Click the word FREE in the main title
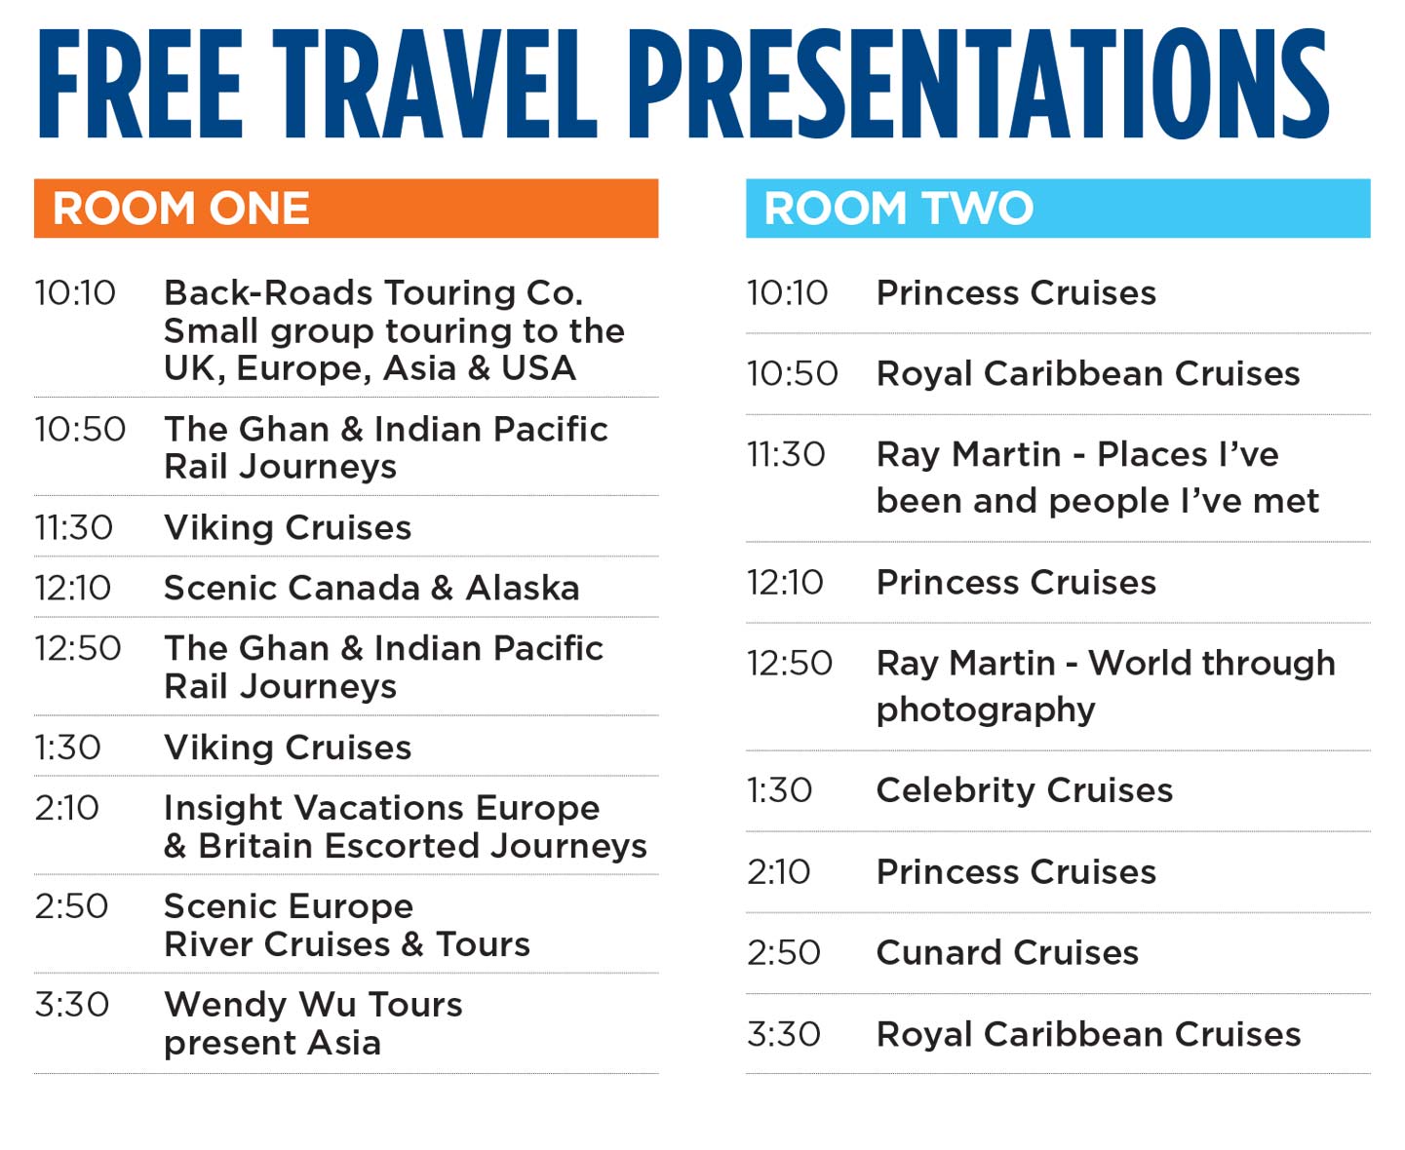pyautogui.click(x=140, y=83)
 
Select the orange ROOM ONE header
pyautogui.click(x=346, y=208)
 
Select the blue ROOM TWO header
pyautogui.click(x=1058, y=208)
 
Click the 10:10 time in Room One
pyautogui.click(x=75, y=293)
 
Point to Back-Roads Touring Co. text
pyautogui.click(x=373, y=293)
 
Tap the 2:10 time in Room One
pyautogui.click(x=66, y=808)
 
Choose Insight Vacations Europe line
pyautogui.click(x=382, y=808)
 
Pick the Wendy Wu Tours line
pyautogui.click(x=313, y=1005)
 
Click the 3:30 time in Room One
pyautogui.click(x=71, y=1005)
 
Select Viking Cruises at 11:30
pyautogui.click(x=288, y=528)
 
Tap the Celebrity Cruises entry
pyautogui.click(x=1024, y=790)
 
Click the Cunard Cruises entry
pyautogui.click(x=1007, y=953)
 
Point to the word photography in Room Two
pyautogui.click(x=986, y=710)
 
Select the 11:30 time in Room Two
pyautogui.click(x=786, y=455)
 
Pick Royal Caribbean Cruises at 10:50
pyautogui.click(x=1088, y=373)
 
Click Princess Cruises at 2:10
pyautogui.click(x=1016, y=871)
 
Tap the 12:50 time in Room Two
pyautogui.click(x=790, y=664)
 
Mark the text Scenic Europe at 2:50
pyautogui.click(x=289, y=906)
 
